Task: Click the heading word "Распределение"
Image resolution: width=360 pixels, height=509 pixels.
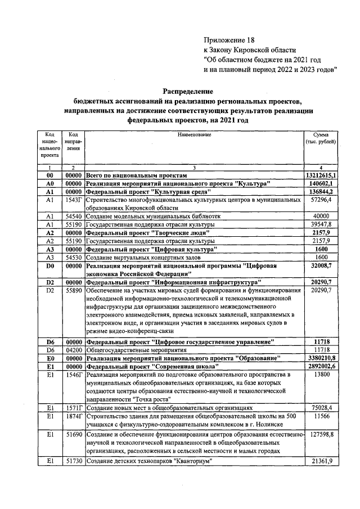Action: (188, 91)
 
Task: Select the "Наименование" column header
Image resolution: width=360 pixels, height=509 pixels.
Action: (194, 135)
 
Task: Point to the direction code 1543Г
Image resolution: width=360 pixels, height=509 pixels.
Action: (74, 200)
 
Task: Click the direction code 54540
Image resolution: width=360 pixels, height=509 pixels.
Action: (74, 216)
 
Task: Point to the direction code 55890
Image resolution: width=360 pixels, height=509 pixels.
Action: (74, 290)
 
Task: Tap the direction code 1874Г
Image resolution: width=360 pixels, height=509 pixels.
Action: (74, 416)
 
